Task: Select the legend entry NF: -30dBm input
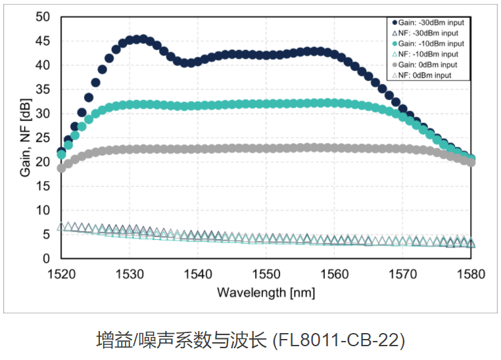426,32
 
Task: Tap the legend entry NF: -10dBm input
426,54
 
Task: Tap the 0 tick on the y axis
47,259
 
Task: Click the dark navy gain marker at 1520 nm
61,153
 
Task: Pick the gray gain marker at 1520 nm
61,168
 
